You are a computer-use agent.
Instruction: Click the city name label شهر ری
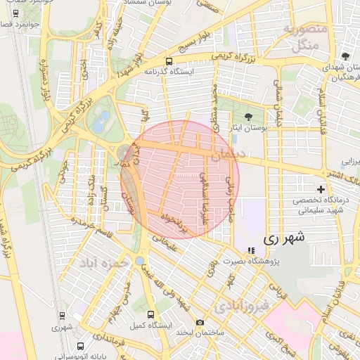coord(285,238)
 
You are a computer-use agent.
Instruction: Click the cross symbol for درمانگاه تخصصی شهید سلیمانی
coord(321,189)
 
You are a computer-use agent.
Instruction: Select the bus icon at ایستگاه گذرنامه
coord(168,61)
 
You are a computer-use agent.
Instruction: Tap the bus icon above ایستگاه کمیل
coord(150,314)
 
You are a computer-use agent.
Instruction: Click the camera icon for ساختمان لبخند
coord(200,322)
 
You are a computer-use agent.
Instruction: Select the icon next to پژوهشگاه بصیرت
coord(252,250)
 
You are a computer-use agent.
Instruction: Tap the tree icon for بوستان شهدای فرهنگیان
coord(345,56)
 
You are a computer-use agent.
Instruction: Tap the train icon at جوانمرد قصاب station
coord(15,13)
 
